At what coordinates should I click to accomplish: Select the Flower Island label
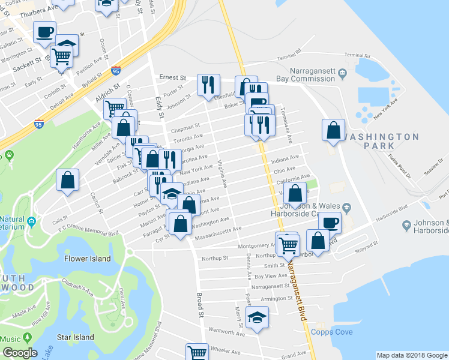click(88, 259)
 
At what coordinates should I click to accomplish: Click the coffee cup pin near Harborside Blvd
click(330, 223)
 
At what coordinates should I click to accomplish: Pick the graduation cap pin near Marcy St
click(257, 317)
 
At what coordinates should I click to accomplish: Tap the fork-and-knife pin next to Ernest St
click(209, 85)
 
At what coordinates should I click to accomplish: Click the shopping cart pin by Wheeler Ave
click(196, 352)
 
